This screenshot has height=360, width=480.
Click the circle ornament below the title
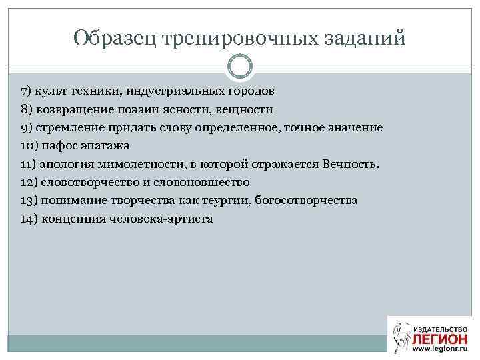(240, 67)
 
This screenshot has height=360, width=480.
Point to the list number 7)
(28, 90)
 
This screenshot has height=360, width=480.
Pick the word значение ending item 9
(353, 127)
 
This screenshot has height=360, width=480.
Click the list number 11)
(29, 164)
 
